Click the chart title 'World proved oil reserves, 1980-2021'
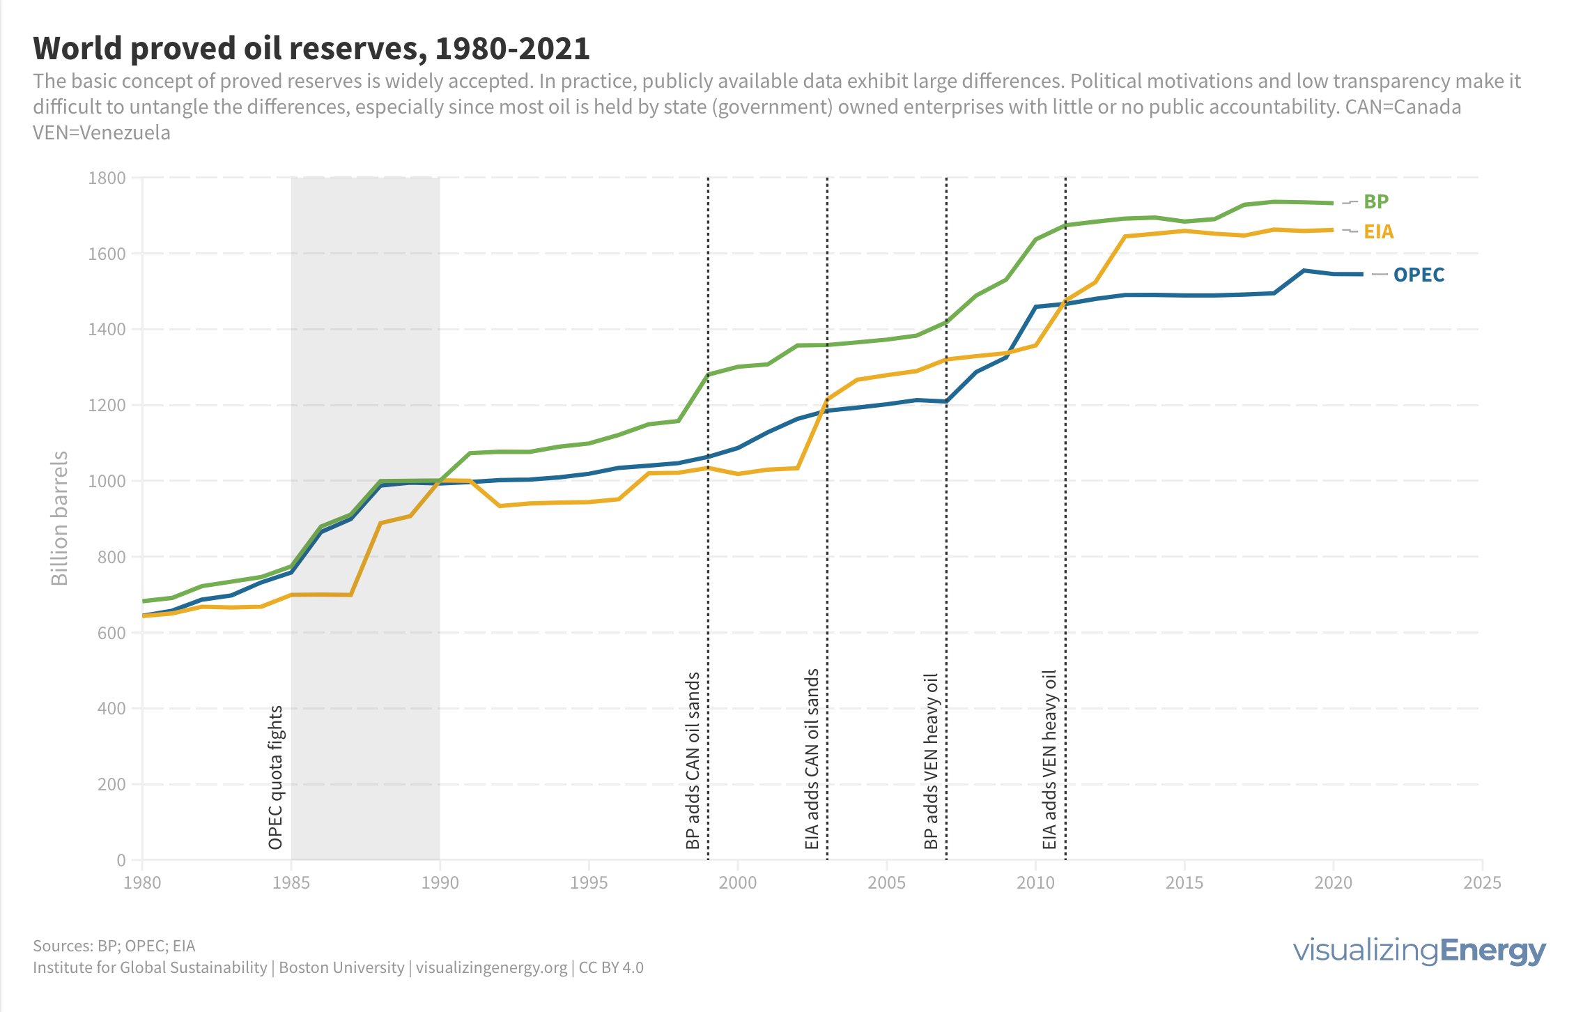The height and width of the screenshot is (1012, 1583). [x=311, y=48]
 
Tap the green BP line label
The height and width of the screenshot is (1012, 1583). [x=1376, y=201]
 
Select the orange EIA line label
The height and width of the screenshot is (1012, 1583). [x=1379, y=231]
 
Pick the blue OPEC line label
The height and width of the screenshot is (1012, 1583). [x=1419, y=275]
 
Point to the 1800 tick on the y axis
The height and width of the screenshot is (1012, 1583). [x=107, y=178]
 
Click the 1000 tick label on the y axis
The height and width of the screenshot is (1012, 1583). [x=107, y=481]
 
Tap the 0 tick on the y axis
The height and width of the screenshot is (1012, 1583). [x=121, y=860]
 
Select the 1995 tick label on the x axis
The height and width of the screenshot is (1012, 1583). [x=589, y=882]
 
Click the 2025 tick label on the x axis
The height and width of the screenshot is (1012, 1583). [x=1482, y=882]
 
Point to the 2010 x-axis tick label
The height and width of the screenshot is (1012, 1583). [x=1035, y=882]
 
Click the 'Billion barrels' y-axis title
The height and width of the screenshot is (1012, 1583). [x=60, y=518]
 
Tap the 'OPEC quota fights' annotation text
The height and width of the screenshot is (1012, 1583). [x=275, y=777]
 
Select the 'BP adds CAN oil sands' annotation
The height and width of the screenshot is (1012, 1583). [x=693, y=760]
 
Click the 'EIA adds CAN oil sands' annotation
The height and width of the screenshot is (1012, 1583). [x=812, y=759]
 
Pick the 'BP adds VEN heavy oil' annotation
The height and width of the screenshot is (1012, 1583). [x=931, y=761]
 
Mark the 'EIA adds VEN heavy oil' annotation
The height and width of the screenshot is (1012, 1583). [x=1050, y=760]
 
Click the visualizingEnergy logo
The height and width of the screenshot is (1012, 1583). [x=1419, y=951]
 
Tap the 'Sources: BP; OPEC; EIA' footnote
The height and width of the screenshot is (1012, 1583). [x=114, y=946]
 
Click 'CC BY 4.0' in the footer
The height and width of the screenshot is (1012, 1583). [x=611, y=967]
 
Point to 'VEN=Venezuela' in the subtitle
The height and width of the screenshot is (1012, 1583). [x=102, y=132]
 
